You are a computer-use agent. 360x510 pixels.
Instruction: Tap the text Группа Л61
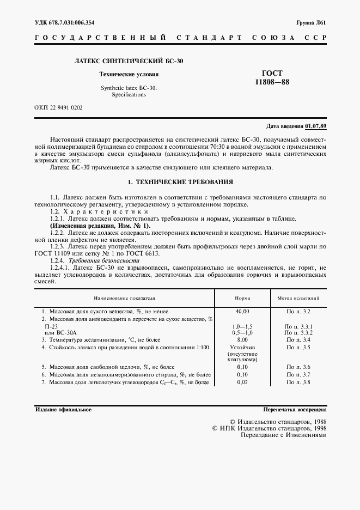tap(310, 22)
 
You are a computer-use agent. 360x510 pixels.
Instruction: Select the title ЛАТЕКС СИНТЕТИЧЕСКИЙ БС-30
tap(129, 61)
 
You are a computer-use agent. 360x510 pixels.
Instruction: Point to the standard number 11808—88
tap(272, 82)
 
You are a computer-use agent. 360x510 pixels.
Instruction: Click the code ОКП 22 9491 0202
tap(58, 107)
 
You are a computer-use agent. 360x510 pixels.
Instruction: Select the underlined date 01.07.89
tap(316, 126)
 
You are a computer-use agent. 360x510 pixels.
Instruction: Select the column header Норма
tap(242, 299)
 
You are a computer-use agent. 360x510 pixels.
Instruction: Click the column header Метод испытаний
tap(298, 299)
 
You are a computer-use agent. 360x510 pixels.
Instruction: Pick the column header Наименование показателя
tap(125, 299)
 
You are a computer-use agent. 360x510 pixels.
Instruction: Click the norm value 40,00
tap(242, 311)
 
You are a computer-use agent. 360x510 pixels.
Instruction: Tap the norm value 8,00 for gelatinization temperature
tap(242, 339)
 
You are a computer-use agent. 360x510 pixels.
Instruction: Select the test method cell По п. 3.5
tap(298, 347)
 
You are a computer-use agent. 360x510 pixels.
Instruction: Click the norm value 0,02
tap(242, 382)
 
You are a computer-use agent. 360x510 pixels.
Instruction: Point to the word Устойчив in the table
tap(242, 347)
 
